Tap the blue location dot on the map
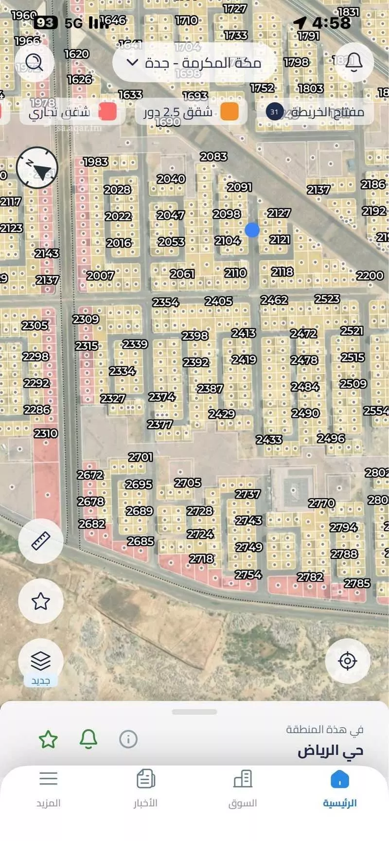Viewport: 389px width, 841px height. [252, 230]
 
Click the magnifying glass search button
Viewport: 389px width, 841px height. [34, 62]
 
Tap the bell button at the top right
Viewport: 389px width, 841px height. [354, 62]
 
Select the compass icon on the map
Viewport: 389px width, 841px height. [37, 168]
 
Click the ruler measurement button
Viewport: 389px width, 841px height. [41, 540]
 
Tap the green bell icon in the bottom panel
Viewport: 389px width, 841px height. [88, 739]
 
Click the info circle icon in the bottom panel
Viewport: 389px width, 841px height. [128, 739]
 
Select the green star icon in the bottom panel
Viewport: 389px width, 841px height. [48, 739]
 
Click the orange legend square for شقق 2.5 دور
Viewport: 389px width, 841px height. [230, 111]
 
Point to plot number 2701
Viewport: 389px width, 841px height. [141, 457]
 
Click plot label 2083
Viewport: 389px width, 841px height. [213, 157]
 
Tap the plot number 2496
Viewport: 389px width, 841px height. [331, 438]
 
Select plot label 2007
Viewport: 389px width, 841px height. [100, 276]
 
